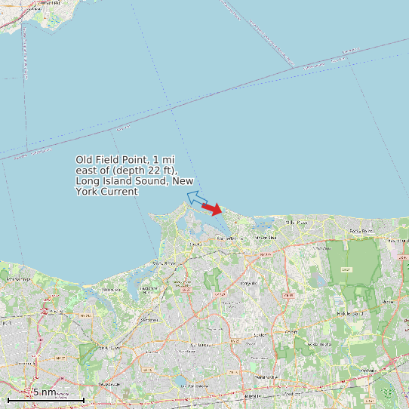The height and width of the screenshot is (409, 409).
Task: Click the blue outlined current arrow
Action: click(x=197, y=199)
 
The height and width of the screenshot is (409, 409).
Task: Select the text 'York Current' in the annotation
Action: click(x=106, y=192)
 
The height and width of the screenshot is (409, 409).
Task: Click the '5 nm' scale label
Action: click(x=44, y=392)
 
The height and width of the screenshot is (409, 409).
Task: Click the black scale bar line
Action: click(x=45, y=399)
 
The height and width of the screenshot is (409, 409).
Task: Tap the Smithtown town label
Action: click(x=109, y=347)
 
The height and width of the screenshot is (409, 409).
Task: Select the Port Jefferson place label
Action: click(x=229, y=238)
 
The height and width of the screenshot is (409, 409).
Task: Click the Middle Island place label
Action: click(x=350, y=312)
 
